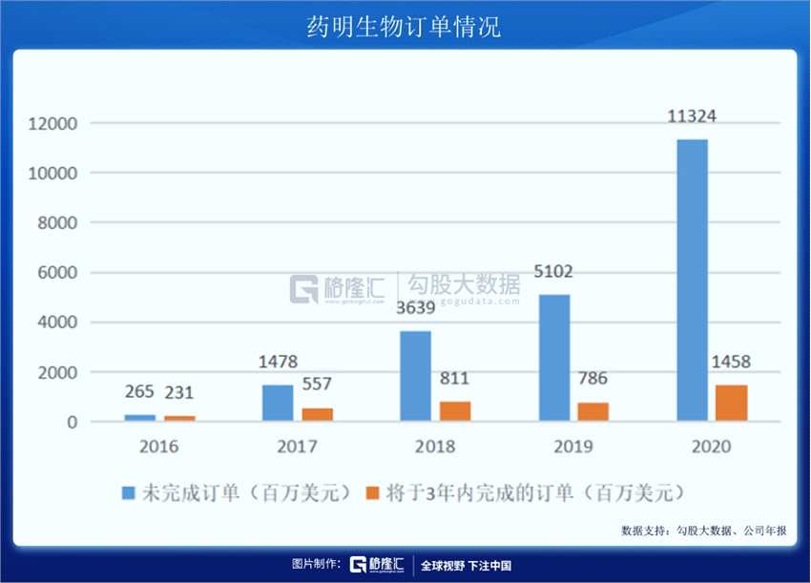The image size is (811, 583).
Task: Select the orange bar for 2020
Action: (x=732, y=403)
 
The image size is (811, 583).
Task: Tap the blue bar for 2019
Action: (x=554, y=358)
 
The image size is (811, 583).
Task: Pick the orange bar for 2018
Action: (x=455, y=411)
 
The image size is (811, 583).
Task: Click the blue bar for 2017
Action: (x=278, y=403)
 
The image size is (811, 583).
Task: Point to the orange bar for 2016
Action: (x=179, y=418)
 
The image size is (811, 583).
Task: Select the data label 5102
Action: (x=554, y=272)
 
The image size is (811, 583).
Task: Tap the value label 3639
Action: (x=415, y=308)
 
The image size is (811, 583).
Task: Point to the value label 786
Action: (x=592, y=379)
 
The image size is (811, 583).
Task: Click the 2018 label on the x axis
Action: (x=435, y=447)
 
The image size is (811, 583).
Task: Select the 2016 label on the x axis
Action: (x=158, y=447)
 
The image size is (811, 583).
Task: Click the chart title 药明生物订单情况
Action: (x=405, y=26)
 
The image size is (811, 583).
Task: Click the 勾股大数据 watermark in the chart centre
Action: (x=465, y=285)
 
